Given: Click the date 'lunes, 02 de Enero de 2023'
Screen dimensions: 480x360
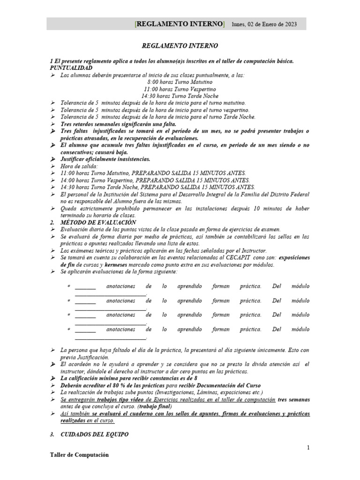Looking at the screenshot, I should [264, 24].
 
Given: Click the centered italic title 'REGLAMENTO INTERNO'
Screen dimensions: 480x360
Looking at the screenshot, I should [180, 46].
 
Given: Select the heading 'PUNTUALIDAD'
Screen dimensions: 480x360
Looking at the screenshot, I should [71, 68].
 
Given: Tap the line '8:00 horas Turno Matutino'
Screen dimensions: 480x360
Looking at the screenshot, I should [180, 82].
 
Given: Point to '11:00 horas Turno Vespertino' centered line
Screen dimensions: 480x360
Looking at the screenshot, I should [180, 89].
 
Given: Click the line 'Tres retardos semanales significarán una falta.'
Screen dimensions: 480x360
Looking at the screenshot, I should [118, 124].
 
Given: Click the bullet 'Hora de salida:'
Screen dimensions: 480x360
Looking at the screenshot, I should [79, 166].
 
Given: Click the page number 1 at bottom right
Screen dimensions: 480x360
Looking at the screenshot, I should [308, 448].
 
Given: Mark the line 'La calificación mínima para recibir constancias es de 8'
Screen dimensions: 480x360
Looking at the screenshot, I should [128, 378].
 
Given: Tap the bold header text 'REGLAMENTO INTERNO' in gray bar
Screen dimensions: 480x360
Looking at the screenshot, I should [180, 24].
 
